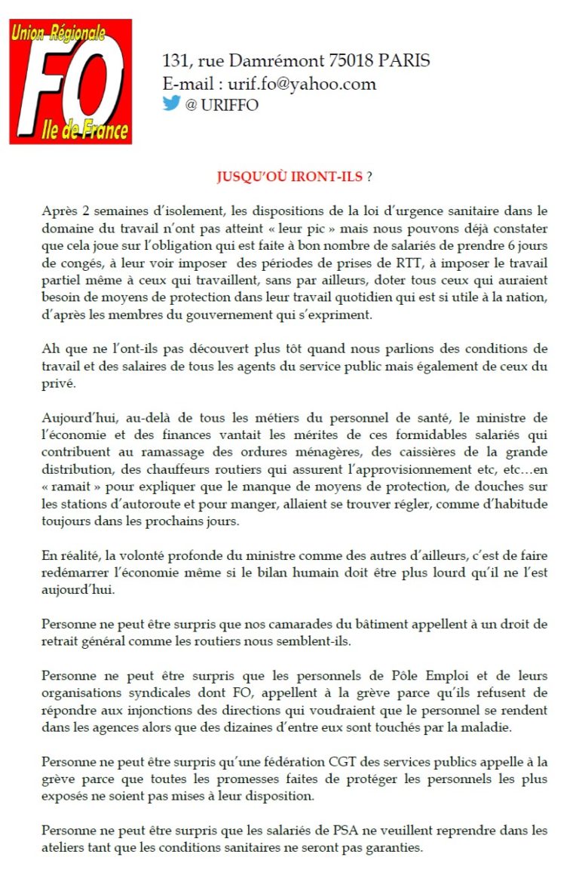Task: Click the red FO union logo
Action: pyautogui.click(x=70, y=81)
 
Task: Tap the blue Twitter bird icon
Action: pyautogui.click(x=171, y=104)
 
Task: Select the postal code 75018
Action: pyautogui.click(x=354, y=61)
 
